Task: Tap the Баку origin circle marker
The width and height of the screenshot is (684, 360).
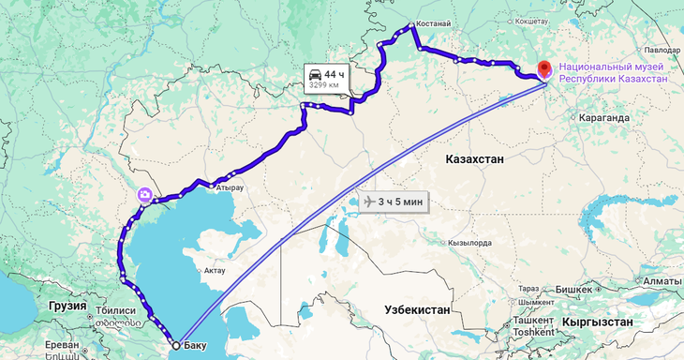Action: click(176, 344)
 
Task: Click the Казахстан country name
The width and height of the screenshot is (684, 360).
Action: click(474, 159)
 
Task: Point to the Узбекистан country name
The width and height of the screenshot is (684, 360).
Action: click(417, 309)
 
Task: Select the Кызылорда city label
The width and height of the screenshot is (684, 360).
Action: click(470, 243)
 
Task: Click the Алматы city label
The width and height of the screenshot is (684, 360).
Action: click(662, 281)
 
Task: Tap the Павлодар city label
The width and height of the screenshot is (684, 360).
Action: click(662, 49)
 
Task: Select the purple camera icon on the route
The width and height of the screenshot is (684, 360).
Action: click(145, 195)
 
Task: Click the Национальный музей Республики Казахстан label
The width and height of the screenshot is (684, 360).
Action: click(614, 73)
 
